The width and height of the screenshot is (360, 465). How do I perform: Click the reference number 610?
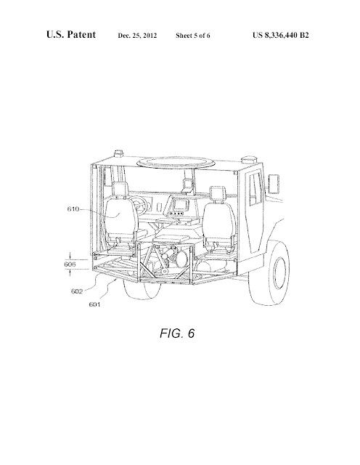tap(73, 209)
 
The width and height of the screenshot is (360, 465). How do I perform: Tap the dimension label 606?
tap(70, 264)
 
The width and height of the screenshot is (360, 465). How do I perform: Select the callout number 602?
tap(77, 291)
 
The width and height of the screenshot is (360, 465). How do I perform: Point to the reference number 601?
tap(94, 304)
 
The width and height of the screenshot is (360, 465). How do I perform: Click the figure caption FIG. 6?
tap(177, 333)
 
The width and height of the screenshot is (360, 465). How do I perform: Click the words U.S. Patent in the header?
tap(71, 34)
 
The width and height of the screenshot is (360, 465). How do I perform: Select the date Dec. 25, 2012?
tap(137, 36)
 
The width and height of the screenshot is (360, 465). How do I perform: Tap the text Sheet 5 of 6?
tap(193, 36)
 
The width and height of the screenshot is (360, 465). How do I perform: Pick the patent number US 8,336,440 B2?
tap(281, 36)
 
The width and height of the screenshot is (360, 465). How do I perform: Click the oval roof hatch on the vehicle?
tap(176, 161)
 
